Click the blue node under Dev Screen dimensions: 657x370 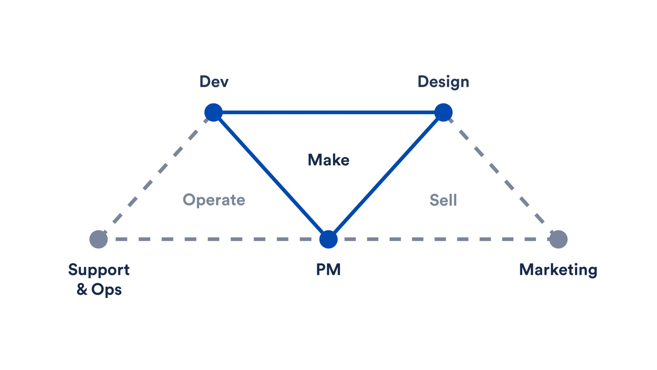click(x=213, y=112)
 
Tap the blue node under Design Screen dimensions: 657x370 click(x=443, y=112)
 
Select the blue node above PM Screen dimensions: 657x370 click(x=328, y=239)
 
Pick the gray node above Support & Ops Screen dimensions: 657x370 click(x=99, y=239)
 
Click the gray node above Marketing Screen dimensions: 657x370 click(x=558, y=239)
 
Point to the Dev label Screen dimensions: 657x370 click(x=214, y=82)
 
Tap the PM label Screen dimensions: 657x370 click(x=328, y=269)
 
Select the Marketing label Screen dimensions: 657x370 click(x=558, y=270)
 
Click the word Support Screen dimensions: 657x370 click(x=99, y=270)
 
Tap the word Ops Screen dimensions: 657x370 click(x=106, y=290)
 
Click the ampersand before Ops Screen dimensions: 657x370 click(x=82, y=289)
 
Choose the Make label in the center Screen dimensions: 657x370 click(x=328, y=160)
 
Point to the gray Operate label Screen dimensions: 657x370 click(x=214, y=200)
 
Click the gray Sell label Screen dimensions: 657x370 click(x=443, y=200)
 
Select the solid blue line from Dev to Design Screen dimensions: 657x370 click(x=328, y=112)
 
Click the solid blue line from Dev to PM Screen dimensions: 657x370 click(x=271, y=176)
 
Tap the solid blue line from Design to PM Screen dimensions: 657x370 click(x=386, y=176)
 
